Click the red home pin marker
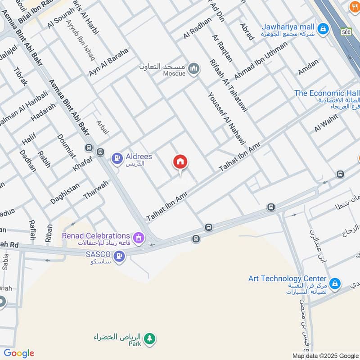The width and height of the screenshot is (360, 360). (x=180, y=162)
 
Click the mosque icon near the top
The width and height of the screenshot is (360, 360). (x=194, y=68)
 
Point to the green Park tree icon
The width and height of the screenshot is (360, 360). (x=149, y=338)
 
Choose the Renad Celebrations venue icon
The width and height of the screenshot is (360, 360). (x=139, y=236)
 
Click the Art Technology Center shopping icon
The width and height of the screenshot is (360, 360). (x=334, y=284)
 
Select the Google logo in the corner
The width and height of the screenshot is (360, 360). (x=19, y=353)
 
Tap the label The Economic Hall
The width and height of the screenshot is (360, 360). (x=327, y=93)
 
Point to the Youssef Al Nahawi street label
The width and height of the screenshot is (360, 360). (x=227, y=118)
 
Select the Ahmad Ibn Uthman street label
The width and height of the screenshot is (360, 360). (x=261, y=61)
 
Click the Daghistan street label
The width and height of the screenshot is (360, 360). (x=65, y=193)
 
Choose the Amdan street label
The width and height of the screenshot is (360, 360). (x=308, y=67)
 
